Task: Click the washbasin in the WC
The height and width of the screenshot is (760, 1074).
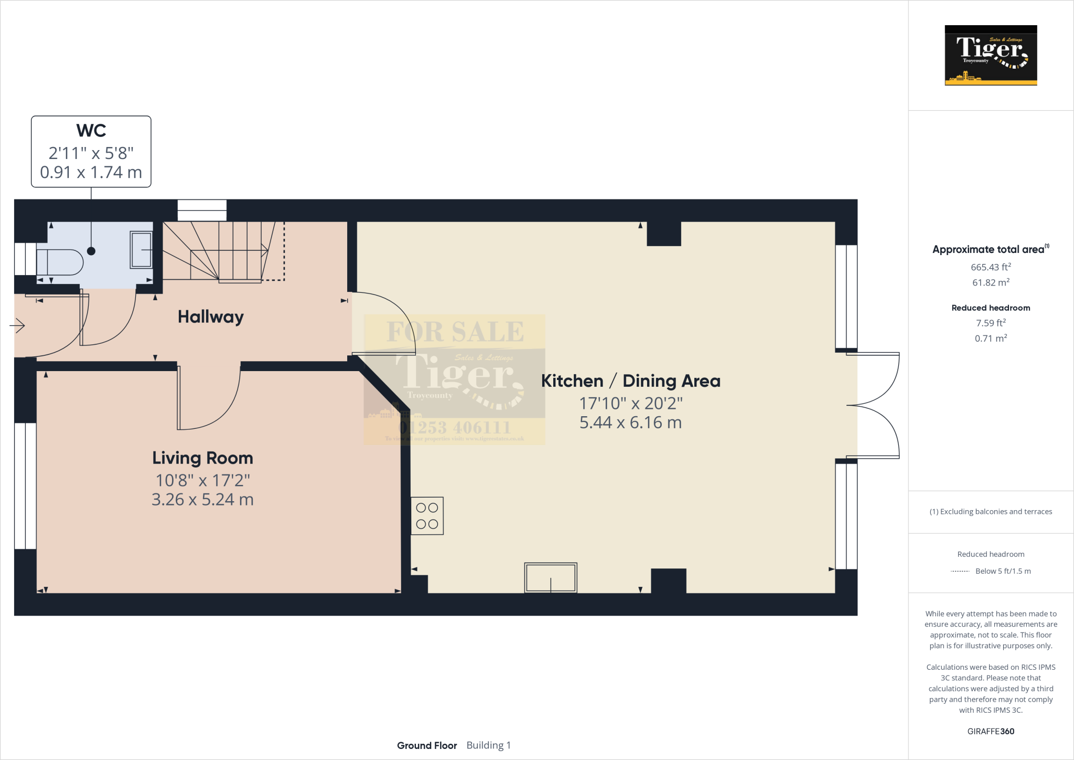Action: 141,250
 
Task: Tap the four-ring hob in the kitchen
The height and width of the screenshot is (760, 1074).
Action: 427,516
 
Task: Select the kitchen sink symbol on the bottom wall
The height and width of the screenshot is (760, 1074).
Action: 551,577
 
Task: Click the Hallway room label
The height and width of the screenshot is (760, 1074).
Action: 210,317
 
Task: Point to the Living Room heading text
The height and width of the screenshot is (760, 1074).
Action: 202,458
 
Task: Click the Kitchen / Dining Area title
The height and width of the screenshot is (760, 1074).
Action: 630,381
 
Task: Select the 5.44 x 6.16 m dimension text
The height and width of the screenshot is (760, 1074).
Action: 630,423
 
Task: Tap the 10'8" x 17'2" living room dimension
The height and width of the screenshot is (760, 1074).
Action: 202,480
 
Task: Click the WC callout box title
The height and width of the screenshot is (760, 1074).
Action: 91,131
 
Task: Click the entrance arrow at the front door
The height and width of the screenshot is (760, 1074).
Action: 17,326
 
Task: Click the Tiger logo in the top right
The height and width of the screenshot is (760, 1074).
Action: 991,55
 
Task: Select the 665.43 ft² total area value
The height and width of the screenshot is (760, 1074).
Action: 991,267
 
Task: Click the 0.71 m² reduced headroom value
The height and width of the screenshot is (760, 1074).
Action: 991,339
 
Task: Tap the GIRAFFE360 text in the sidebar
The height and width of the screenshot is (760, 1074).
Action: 991,731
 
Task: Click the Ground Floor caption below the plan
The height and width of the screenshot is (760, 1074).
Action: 427,745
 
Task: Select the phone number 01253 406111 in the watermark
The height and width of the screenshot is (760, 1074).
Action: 455,428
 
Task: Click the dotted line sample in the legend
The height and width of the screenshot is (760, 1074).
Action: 960,571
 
